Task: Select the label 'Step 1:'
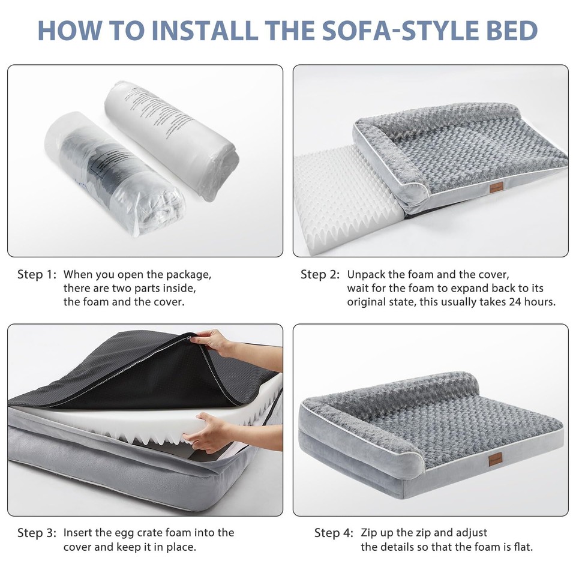click(x=37, y=275)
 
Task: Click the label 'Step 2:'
click(x=320, y=275)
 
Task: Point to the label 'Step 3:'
click(x=37, y=532)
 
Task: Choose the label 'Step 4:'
click(x=334, y=532)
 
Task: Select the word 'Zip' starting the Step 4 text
click(x=370, y=532)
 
